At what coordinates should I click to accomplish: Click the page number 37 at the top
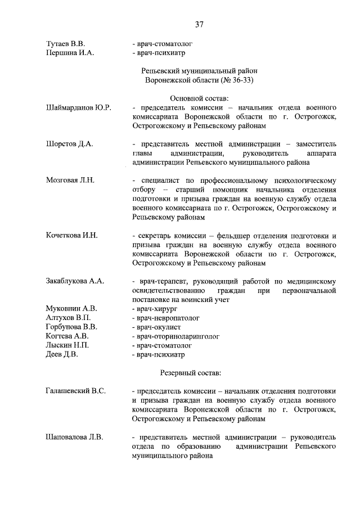click(x=199, y=24)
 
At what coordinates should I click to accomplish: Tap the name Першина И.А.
click(x=70, y=53)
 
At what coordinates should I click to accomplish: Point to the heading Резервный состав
click(x=191, y=373)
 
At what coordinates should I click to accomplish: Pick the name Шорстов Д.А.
click(x=69, y=144)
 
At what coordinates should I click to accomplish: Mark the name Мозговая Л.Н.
click(x=70, y=181)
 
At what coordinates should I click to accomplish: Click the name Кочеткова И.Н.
click(x=72, y=235)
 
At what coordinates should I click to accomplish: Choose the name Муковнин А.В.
click(x=71, y=309)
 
